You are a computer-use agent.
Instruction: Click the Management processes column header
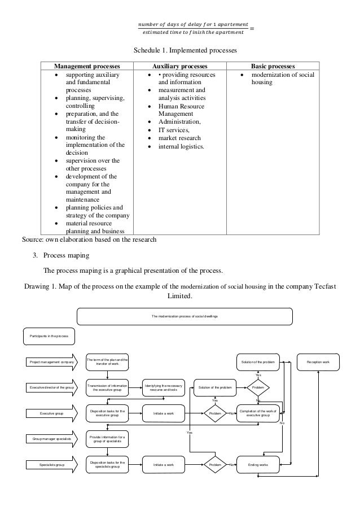pos(90,66)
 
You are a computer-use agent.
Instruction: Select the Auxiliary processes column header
pos(181,66)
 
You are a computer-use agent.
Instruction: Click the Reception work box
pos(318,361)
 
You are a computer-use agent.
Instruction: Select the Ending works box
pos(258,465)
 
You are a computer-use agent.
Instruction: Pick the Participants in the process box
pos(49,336)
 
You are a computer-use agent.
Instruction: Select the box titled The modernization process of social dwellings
pos(185,316)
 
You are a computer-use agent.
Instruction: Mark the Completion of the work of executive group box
pos(258,413)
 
